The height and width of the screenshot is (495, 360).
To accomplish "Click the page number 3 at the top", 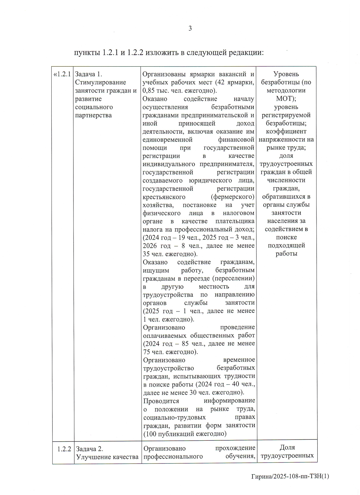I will click(x=190, y=28).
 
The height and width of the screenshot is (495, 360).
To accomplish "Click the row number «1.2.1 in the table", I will click(x=62, y=74).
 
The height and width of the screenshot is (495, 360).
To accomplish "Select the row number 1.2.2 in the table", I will click(x=64, y=449).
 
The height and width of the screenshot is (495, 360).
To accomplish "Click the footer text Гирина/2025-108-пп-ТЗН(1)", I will click(x=290, y=476).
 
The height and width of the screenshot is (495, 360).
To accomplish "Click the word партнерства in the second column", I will click(x=93, y=115).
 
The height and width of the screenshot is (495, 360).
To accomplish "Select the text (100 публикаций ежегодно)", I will click(x=185, y=433).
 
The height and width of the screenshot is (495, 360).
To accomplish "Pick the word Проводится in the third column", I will click(x=161, y=401).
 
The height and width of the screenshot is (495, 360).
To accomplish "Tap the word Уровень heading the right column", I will click(x=286, y=74).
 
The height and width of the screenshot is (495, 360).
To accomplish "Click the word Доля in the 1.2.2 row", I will click(x=287, y=447).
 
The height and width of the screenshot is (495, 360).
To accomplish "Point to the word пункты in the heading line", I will click(x=87, y=52).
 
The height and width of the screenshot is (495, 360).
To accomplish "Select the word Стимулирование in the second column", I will click(x=100, y=82).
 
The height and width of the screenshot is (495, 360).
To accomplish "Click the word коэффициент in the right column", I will click(x=286, y=131).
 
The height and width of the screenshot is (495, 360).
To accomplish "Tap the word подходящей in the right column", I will click(x=286, y=245).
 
